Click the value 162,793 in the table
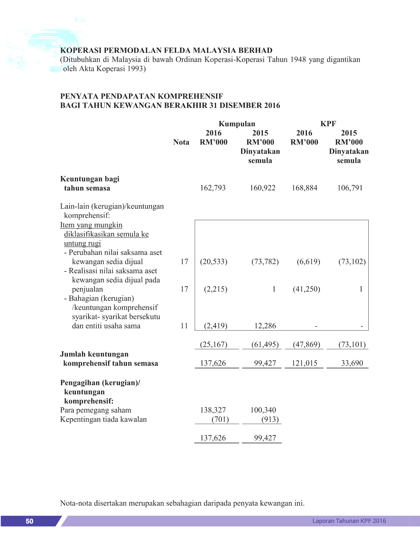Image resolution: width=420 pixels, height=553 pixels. pyautogui.click(x=213, y=188)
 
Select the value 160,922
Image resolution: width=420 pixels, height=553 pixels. pyautogui.click(x=263, y=188)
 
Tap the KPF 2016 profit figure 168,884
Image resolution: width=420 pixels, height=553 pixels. pyautogui.click(x=304, y=188)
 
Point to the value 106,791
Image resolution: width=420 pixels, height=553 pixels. pyautogui.click(x=350, y=188)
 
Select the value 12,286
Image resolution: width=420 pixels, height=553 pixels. pyautogui.click(x=265, y=326)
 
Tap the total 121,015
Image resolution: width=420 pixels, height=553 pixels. pyautogui.click(x=304, y=363)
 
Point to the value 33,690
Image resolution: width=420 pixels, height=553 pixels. pyautogui.click(x=352, y=363)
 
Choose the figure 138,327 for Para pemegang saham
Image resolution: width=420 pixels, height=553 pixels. pyautogui.click(x=213, y=410)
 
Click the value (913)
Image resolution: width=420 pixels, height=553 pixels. pyautogui.click(x=270, y=419)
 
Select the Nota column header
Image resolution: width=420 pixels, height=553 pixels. pyautogui.click(x=181, y=142)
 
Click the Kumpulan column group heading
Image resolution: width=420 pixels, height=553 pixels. pyautogui.click(x=237, y=124)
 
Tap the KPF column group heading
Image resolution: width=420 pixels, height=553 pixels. pyautogui.click(x=328, y=124)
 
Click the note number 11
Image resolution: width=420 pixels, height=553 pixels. pyautogui.click(x=184, y=326)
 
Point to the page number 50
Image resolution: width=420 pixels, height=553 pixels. pyautogui.click(x=30, y=521)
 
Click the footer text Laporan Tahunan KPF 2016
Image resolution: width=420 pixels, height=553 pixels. pyautogui.click(x=349, y=521)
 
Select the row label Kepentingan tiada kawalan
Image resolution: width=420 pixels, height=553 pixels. pyautogui.click(x=103, y=419)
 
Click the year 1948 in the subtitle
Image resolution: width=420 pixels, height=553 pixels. pyautogui.click(x=298, y=59)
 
